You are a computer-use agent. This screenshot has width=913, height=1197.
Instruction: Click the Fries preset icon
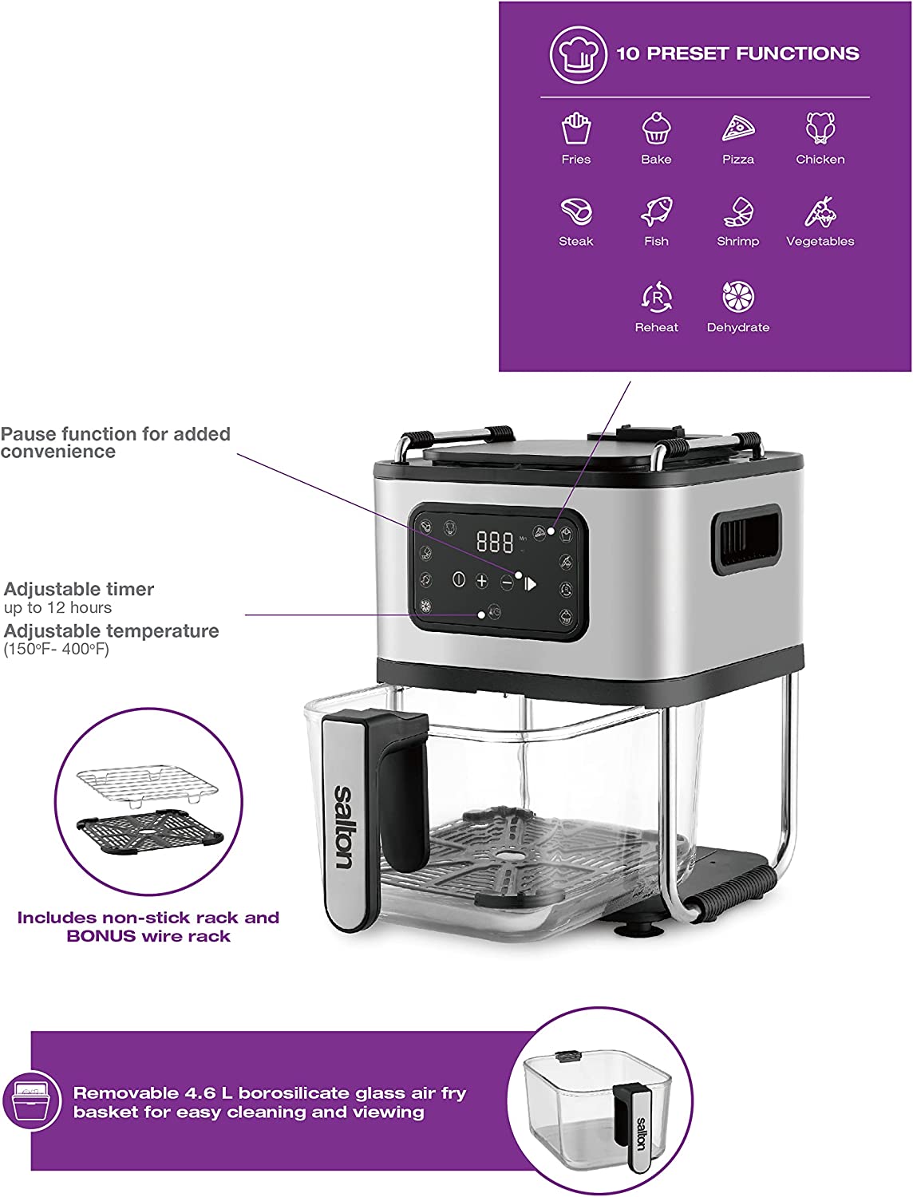(x=576, y=128)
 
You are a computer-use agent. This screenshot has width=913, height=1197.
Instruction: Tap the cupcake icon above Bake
(x=656, y=128)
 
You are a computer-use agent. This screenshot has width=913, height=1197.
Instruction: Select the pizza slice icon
(x=738, y=128)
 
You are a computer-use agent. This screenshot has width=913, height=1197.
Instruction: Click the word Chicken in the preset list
(x=820, y=160)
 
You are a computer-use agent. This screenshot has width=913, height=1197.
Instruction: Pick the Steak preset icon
(x=576, y=211)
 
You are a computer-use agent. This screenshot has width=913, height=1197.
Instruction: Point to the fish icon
(x=656, y=211)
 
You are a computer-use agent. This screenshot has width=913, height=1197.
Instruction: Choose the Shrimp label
(x=738, y=241)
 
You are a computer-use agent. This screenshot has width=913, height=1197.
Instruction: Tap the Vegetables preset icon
(x=821, y=211)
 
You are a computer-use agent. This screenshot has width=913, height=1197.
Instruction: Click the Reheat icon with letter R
(x=657, y=297)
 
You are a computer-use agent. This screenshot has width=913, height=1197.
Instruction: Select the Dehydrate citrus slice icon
(x=738, y=297)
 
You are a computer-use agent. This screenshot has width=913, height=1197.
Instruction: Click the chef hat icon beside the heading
(x=578, y=54)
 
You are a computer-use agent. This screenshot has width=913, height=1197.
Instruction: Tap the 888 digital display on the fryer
(x=495, y=542)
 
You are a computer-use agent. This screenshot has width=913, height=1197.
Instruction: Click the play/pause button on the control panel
(x=530, y=584)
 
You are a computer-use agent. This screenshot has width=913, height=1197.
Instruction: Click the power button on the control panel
(x=459, y=579)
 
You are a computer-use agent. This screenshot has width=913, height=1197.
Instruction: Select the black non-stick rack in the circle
(x=150, y=832)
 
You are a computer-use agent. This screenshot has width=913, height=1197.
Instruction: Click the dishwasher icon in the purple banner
(x=32, y=1101)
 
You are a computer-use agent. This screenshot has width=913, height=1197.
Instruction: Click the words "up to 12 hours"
(x=57, y=607)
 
